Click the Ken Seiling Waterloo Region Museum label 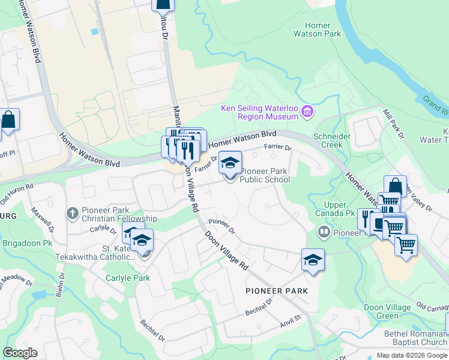tap(259, 112)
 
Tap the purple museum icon tap(307, 111)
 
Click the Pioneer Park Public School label tap(265, 175)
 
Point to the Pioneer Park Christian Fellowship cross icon tap(72, 213)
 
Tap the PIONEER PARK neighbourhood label tap(277, 291)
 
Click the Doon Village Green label tap(387, 312)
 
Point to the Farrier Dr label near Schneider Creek tap(278, 148)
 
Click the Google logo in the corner tap(20, 353)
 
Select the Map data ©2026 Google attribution tap(412, 355)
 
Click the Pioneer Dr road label tap(222, 227)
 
